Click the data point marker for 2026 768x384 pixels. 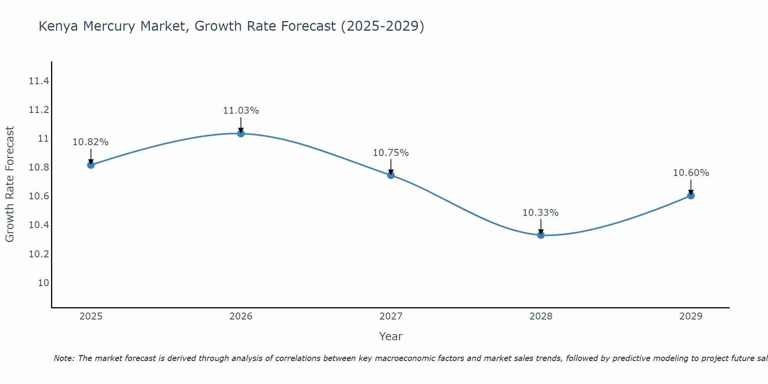click(x=241, y=133)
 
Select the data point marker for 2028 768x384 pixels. click(x=541, y=235)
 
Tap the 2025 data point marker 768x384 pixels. click(x=91, y=165)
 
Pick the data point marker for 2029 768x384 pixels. click(x=691, y=195)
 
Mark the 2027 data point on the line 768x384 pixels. click(x=391, y=175)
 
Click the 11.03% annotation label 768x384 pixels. click(x=241, y=111)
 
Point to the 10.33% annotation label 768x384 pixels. click(x=540, y=213)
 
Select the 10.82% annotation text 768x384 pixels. click(x=91, y=142)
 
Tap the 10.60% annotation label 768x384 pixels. click(x=691, y=173)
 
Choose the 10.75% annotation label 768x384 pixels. click(x=391, y=153)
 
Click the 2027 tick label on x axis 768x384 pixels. click(x=391, y=316)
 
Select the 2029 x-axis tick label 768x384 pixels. click(x=691, y=316)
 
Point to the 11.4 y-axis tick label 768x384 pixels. click(x=39, y=81)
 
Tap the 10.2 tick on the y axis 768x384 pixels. click(x=39, y=254)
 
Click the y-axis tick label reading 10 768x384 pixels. click(x=43, y=283)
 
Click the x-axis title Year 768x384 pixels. click(x=391, y=336)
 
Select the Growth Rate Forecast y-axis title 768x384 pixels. click(x=10, y=184)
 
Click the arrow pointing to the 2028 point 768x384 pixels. click(x=541, y=227)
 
